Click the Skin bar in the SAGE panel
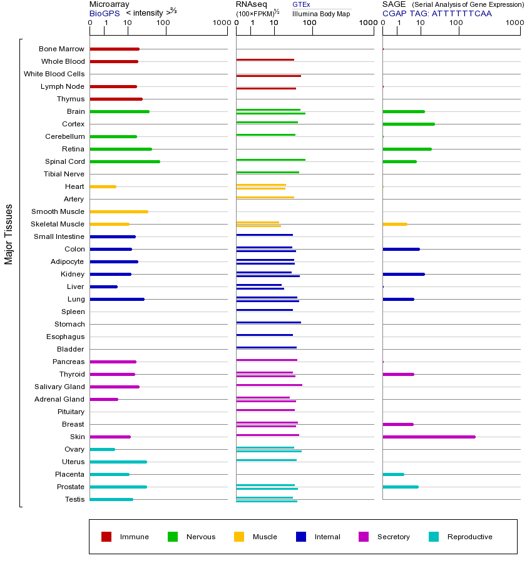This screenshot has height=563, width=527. pyautogui.click(x=429, y=437)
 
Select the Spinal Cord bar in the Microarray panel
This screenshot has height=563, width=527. pyautogui.click(x=125, y=161)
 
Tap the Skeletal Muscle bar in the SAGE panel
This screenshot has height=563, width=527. pyautogui.click(x=395, y=224)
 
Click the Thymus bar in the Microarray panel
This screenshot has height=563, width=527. pyautogui.click(x=116, y=99)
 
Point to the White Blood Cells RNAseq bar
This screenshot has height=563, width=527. pyautogui.click(x=269, y=76)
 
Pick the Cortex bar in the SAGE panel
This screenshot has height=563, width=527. pyautogui.click(x=409, y=124)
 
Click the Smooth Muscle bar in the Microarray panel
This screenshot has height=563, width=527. pyautogui.click(x=119, y=211)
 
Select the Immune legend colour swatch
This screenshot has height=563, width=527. pyautogui.click(x=106, y=537)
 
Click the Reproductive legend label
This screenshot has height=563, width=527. pyautogui.click(x=470, y=537)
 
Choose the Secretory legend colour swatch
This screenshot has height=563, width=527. pyautogui.click(x=364, y=537)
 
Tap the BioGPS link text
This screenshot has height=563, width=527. pyautogui.click(x=105, y=13)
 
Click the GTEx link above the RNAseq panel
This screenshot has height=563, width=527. pyautogui.click(x=301, y=4)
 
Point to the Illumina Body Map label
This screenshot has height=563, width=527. pyautogui.click(x=322, y=13)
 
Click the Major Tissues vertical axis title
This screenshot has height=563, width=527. pyautogui.click(x=9, y=234)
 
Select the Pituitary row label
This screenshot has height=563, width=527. pyautogui.click(x=71, y=412)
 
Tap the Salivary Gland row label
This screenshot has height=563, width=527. pyautogui.click(x=59, y=387)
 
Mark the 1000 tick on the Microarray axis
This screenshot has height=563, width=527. pyautogui.click(x=221, y=23)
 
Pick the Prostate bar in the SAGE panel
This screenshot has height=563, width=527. pyautogui.click(x=401, y=487)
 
